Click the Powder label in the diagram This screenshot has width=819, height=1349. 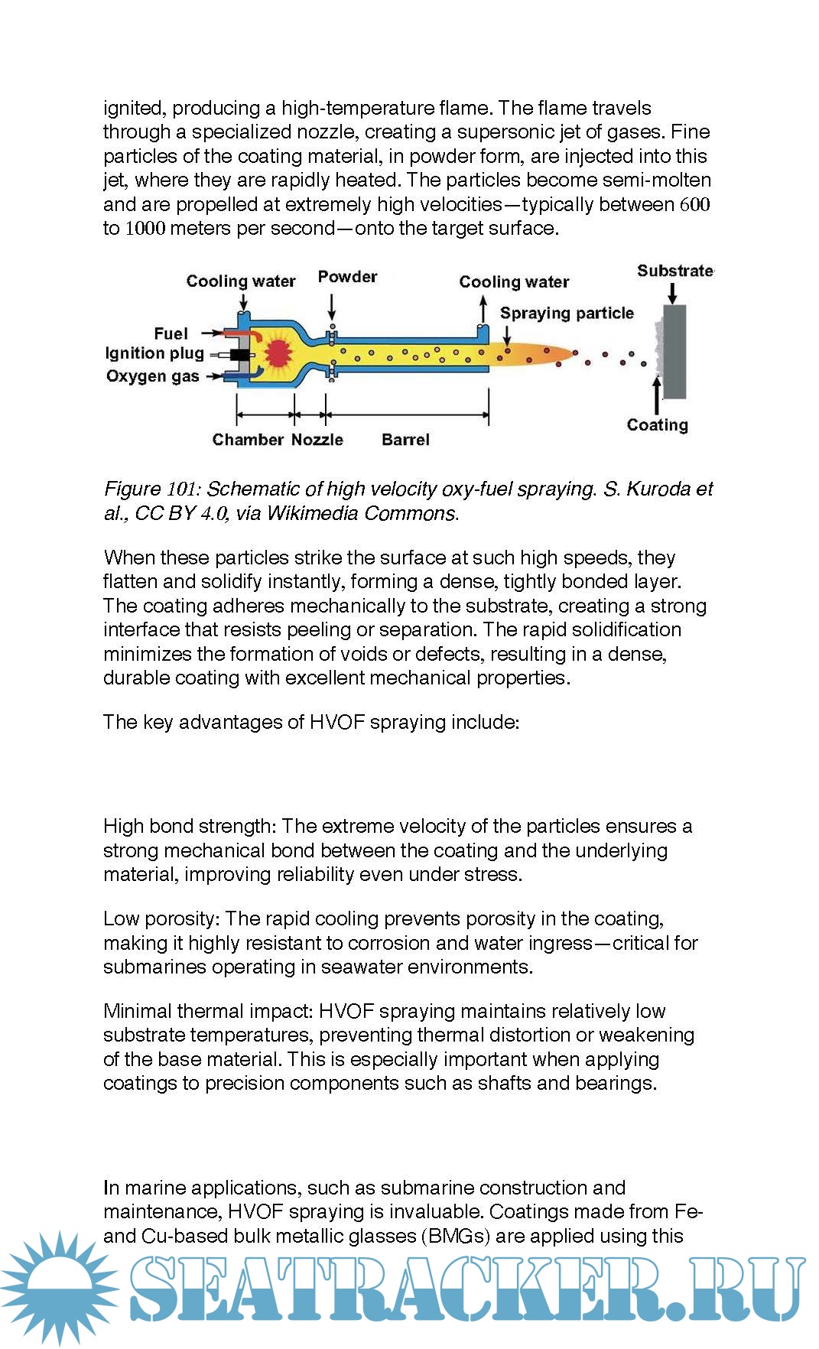click(347, 277)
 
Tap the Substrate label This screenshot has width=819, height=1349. click(674, 271)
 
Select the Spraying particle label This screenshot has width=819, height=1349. click(567, 313)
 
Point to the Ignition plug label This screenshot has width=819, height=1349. click(154, 353)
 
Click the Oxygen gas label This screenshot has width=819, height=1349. click(152, 376)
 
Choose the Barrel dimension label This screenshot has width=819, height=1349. click(405, 440)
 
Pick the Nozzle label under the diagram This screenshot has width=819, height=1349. click(317, 440)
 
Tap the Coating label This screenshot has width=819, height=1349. click(657, 425)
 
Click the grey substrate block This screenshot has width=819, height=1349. click(674, 352)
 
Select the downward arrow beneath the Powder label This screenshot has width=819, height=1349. click(332, 306)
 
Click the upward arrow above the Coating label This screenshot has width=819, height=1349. click(656, 395)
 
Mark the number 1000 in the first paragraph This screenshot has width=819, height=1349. click(145, 229)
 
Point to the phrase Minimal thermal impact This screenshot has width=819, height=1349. click(207, 1012)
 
